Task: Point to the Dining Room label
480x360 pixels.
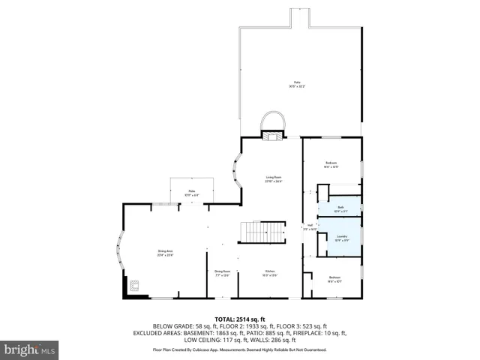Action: [x=223, y=273]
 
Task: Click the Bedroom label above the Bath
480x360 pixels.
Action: [x=331, y=164]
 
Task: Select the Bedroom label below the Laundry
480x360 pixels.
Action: [x=334, y=280]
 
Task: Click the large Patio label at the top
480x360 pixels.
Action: [x=297, y=85]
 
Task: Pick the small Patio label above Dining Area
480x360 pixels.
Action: [x=192, y=193]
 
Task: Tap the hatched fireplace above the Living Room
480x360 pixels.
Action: [x=272, y=135]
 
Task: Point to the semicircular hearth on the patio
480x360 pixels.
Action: [x=273, y=120]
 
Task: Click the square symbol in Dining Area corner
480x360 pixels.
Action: [x=135, y=284]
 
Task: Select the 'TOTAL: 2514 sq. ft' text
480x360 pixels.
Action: [x=240, y=319]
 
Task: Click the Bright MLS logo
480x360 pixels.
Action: [x=30, y=349]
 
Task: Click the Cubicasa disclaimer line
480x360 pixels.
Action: [x=240, y=349]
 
